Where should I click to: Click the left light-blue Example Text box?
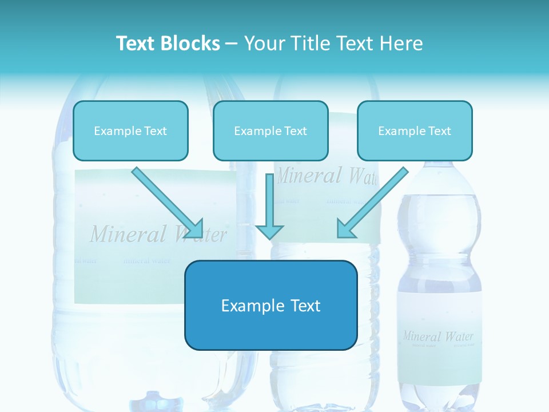coord(130,130)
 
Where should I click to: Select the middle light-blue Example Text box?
coord(270,130)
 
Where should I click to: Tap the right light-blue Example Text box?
coord(415,130)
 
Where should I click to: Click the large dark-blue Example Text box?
coord(270,305)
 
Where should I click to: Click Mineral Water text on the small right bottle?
coord(438,336)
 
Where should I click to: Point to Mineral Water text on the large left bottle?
coord(158,234)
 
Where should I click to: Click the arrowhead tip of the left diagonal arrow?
coord(201,235)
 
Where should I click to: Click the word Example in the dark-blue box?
coord(249,305)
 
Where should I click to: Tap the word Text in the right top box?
coord(439,130)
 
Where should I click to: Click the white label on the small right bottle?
coord(439,320)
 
